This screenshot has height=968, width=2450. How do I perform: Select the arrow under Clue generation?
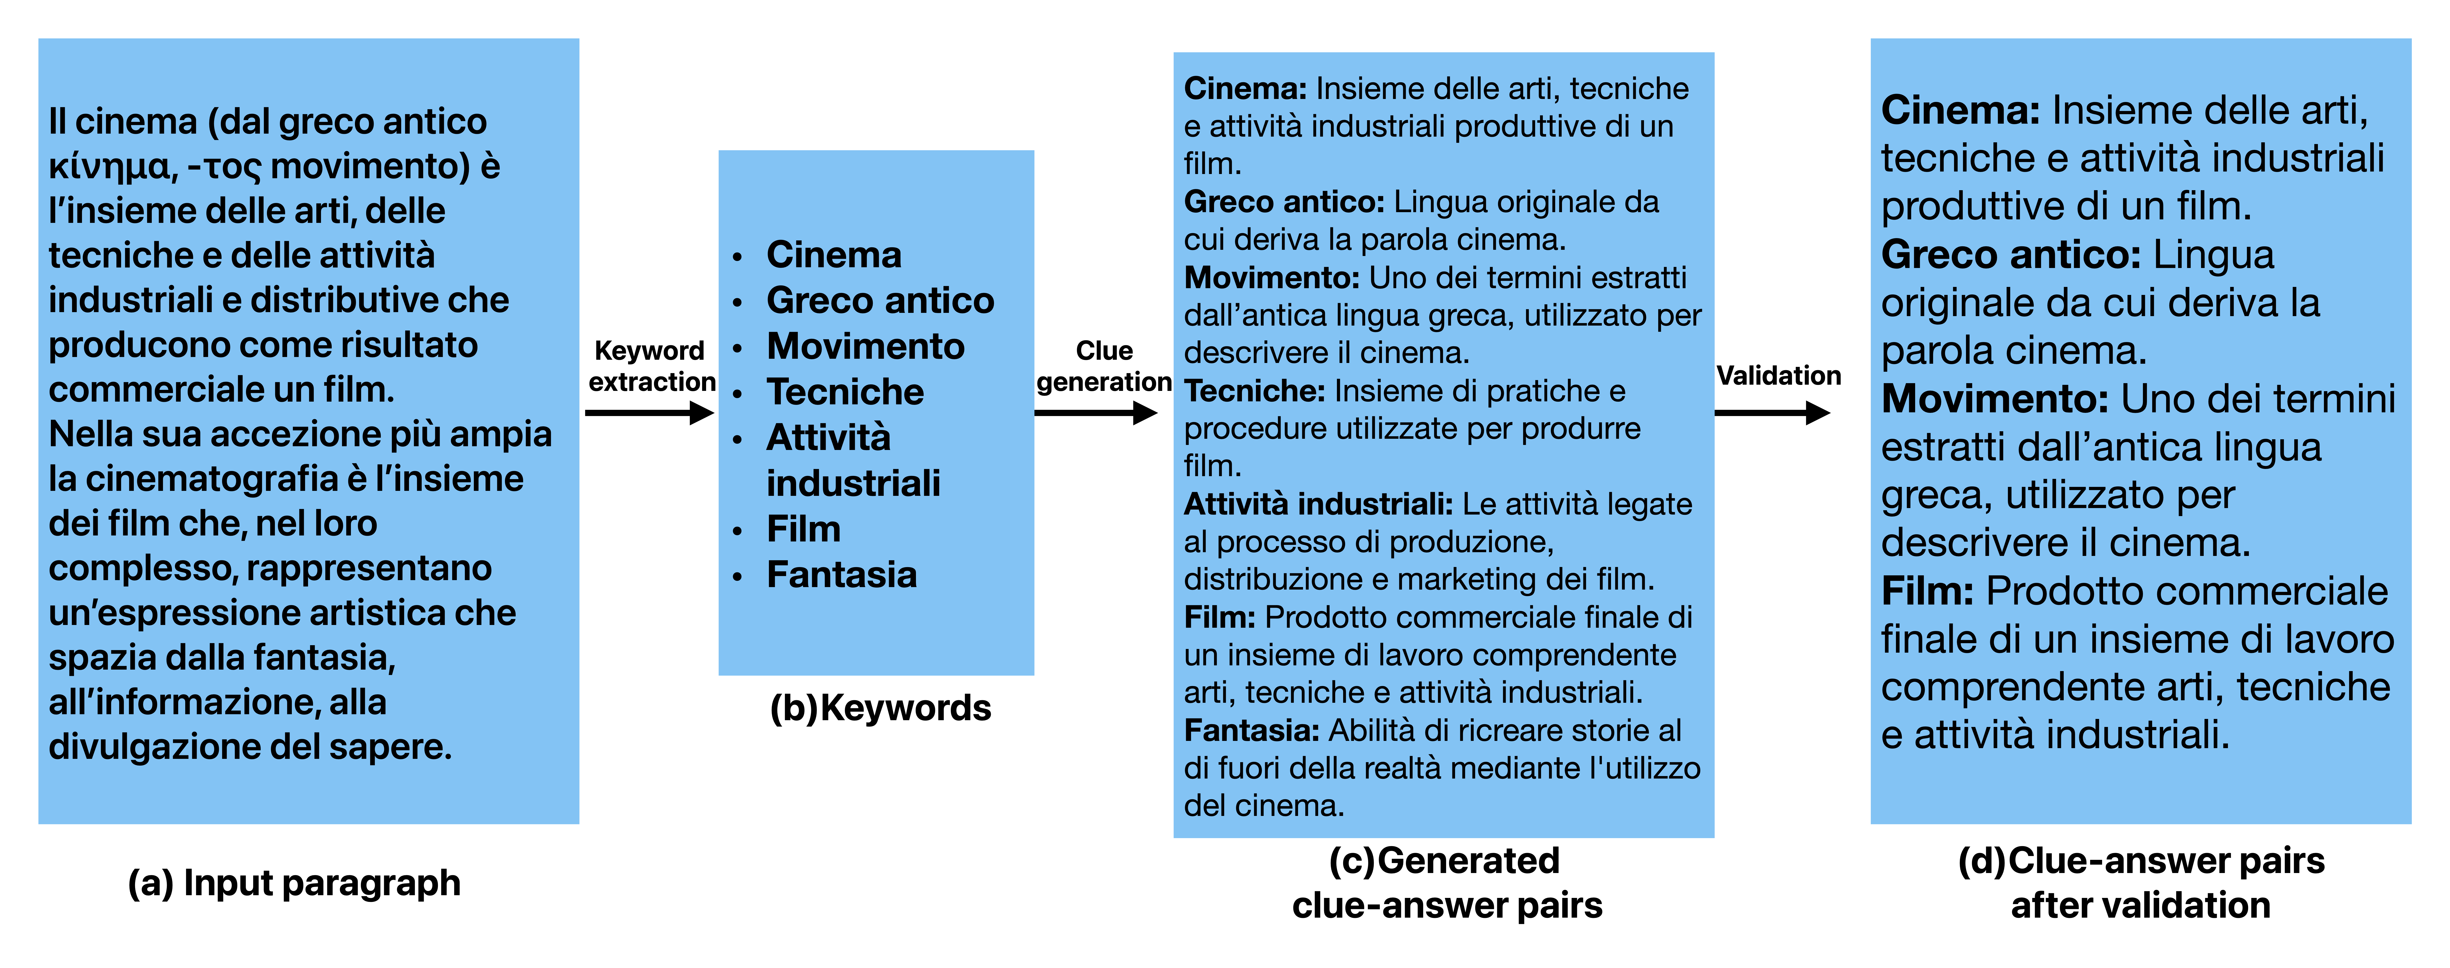click(x=1096, y=413)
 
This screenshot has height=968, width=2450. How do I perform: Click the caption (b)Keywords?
click(x=880, y=708)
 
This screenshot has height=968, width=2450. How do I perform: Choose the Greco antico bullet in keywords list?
click(x=880, y=300)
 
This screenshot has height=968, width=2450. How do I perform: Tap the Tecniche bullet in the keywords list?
click(x=845, y=392)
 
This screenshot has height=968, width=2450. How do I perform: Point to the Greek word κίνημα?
click(x=109, y=167)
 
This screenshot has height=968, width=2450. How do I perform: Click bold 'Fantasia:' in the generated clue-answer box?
click(x=1251, y=730)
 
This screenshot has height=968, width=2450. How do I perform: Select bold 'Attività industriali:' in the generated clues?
click(x=1317, y=504)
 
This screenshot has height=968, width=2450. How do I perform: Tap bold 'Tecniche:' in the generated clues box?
click(x=1253, y=391)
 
